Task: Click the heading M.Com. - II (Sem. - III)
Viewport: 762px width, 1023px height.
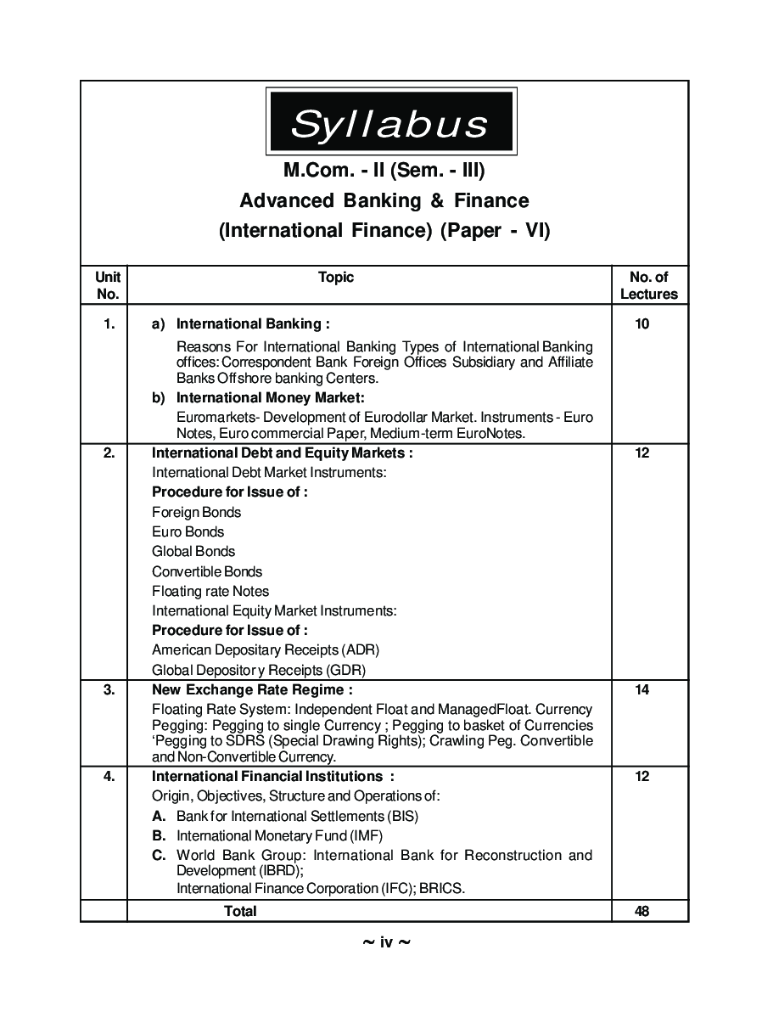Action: coord(384,171)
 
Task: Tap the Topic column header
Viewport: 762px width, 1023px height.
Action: coord(336,277)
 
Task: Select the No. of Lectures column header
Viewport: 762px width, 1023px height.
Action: coord(649,285)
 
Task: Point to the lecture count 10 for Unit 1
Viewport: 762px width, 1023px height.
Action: coord(642,323)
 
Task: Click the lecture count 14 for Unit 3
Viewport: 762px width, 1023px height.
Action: coord(642,689)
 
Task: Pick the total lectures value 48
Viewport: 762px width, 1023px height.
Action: coord(642,911)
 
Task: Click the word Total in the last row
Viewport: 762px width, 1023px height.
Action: coord(240,911)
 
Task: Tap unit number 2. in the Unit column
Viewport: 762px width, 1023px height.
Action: coord(109,452)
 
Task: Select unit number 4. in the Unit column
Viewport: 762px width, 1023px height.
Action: coord(109,776)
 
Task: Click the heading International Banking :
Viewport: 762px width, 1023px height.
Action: coord(253,323)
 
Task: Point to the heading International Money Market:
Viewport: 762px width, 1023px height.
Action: coord(270,397)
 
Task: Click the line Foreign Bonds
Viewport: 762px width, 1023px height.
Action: coord(196,512)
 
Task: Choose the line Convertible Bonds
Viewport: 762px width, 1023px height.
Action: coord(207,571)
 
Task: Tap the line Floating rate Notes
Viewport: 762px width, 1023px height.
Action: coord(210,591)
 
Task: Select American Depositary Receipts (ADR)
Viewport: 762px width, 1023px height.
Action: coord(266,649)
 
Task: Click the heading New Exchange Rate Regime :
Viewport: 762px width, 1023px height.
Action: coord(252,689)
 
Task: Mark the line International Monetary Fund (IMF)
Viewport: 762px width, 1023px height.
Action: coord(279,835)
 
